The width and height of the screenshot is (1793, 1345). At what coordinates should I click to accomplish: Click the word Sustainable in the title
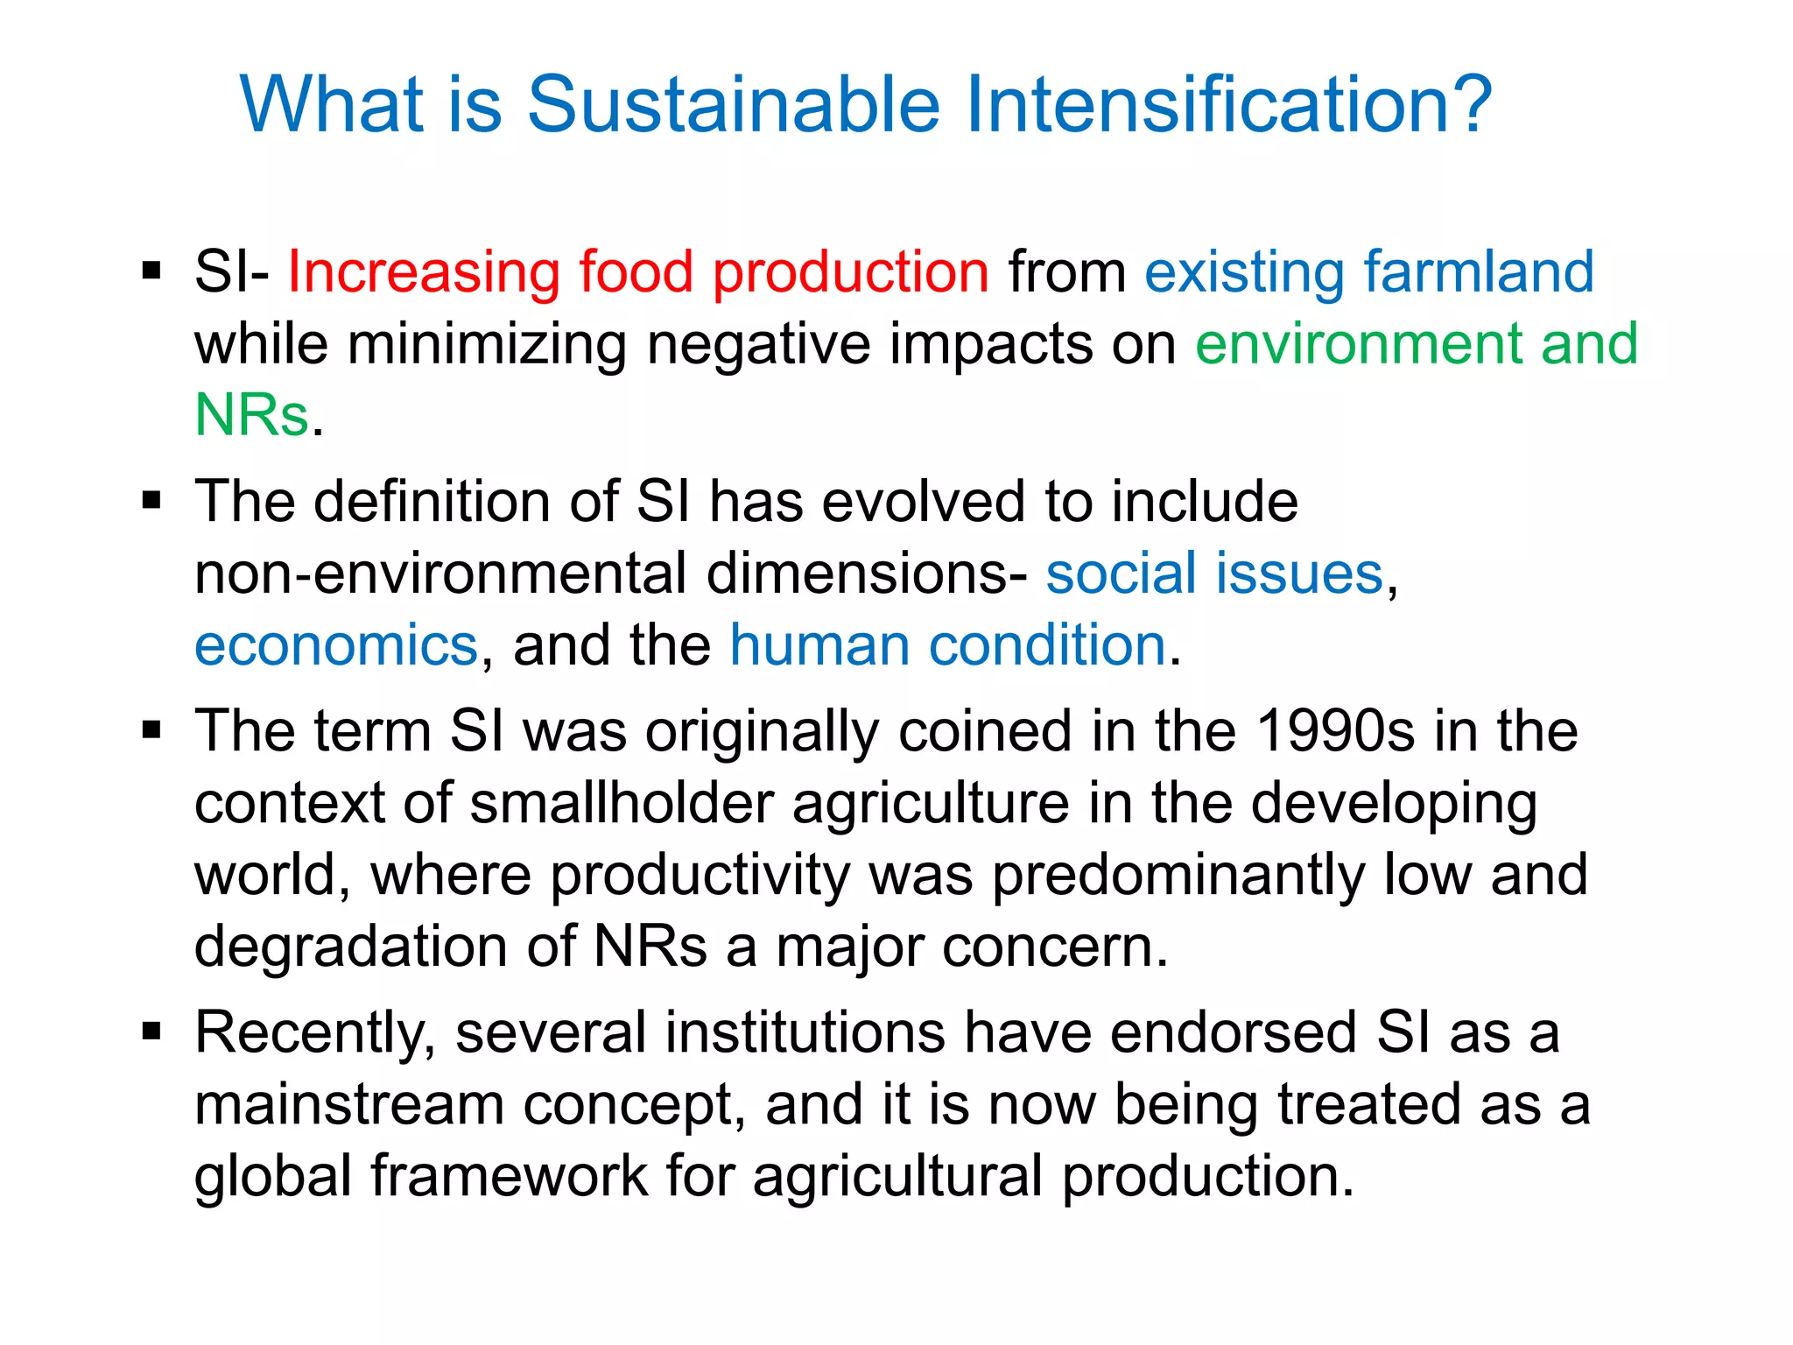click(x=734, y=105)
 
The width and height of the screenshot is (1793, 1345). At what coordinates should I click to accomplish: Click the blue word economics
click(x=336, y=645)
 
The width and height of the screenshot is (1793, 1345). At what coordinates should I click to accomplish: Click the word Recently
click(x=314, y=1033)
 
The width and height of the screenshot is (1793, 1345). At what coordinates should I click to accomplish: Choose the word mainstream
click(x=348, y=1104)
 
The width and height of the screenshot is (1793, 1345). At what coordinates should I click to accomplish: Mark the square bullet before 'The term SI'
click(x=152, y=729)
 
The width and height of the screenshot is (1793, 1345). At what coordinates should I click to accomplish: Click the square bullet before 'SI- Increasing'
click(x=152, y=271)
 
